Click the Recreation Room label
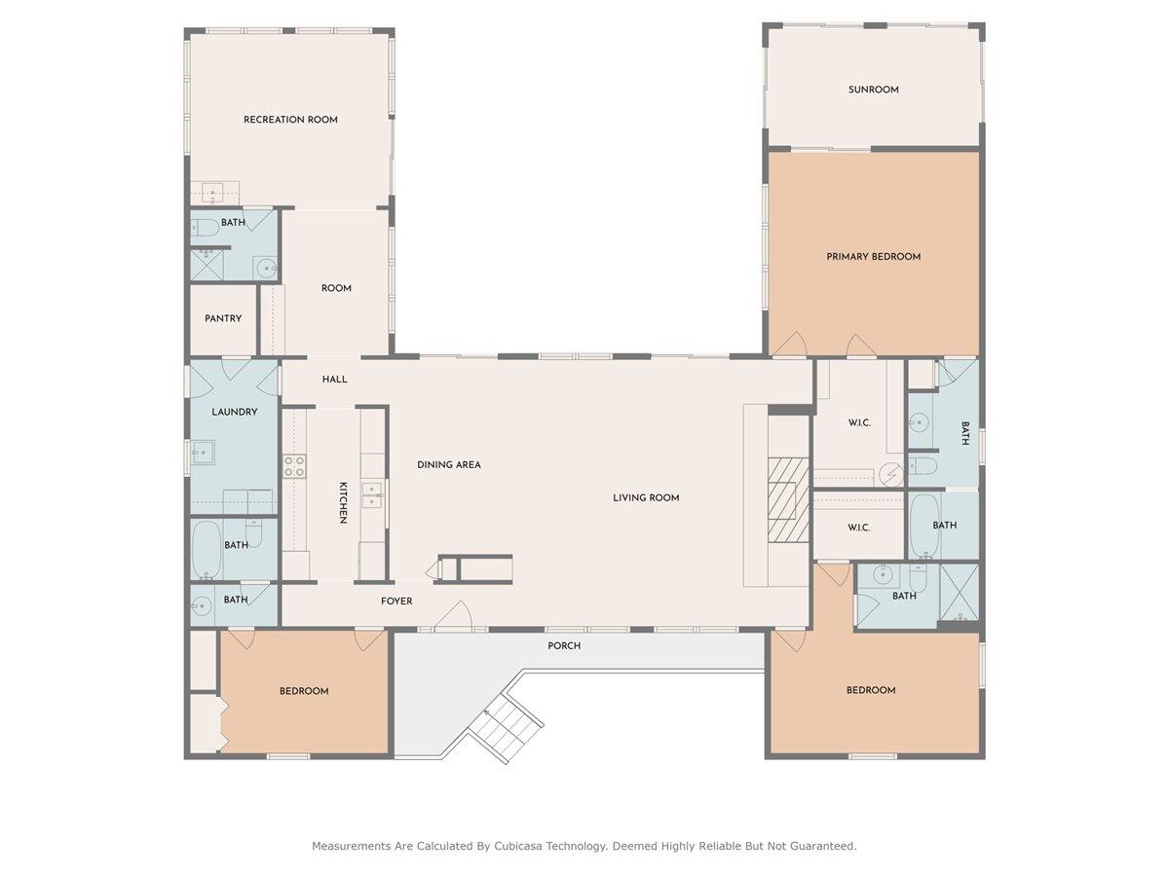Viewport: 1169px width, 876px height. tap(290, 120)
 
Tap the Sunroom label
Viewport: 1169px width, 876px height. tap(874, 90)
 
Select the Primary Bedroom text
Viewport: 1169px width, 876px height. tap(874, 256)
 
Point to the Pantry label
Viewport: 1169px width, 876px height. tap(223, 318)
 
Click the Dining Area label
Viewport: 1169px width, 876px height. tap(449, 464)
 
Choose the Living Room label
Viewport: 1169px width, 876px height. tap(646, 497)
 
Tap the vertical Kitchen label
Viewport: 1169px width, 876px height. tap(344, 502)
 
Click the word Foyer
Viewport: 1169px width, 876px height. tap(396, 601)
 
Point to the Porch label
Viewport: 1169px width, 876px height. tap(564, 645)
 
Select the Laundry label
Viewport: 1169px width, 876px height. tap(235, 412)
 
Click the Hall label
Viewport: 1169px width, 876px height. tap(334, 380)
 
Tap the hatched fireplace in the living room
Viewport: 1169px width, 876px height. tap(788, 499)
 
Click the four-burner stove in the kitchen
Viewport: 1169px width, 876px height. tap(294, 466)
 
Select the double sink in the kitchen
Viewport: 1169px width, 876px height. tap(372, 495)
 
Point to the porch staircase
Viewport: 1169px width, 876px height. tap(506, 728)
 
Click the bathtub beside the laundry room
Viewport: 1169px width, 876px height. tap(207, 550)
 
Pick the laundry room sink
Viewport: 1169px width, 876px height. tap(203, 452)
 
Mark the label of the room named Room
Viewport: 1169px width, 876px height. tap(336, 288)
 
